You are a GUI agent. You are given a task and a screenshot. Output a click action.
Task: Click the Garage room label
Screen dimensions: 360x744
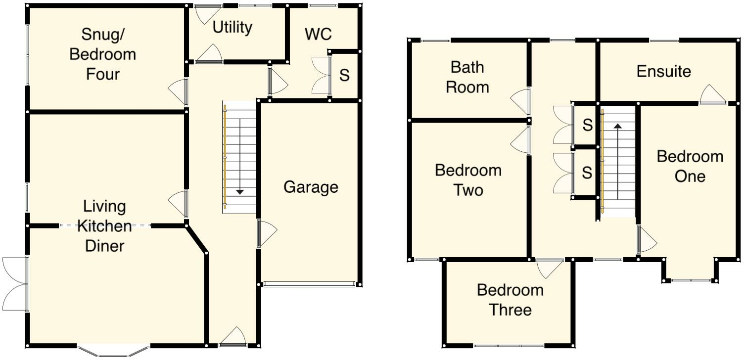(311, 187)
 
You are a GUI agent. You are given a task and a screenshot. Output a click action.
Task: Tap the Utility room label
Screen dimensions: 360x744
(232, 28)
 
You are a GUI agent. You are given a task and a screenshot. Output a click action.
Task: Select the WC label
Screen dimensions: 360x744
(318, 35)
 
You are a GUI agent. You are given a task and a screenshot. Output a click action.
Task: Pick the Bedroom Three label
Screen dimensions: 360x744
(510, 300)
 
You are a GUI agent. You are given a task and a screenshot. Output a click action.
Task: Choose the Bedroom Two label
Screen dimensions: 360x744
(468, 180)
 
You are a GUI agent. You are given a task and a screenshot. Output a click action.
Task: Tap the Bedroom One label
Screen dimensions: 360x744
(690, 166)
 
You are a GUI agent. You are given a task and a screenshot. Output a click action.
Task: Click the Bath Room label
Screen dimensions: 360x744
(467, 77)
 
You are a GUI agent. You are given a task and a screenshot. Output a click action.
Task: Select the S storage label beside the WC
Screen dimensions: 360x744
(344, 76)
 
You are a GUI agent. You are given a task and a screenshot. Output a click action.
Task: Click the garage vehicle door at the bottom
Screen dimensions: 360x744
(309, 284)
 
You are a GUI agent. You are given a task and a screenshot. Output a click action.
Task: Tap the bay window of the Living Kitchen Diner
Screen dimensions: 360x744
(113, 351)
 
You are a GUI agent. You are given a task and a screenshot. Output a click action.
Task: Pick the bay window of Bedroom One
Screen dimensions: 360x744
(690, 280)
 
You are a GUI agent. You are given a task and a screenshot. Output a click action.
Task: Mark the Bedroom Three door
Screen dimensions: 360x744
(549, 268)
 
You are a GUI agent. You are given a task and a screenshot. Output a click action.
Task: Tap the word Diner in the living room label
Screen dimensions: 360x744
(104, 246)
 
